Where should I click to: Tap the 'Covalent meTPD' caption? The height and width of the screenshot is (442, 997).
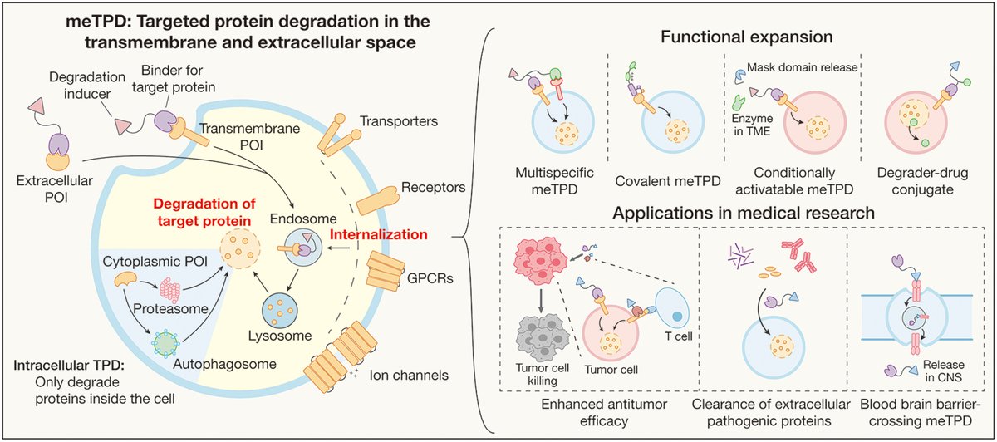click(x=655, y=180)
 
